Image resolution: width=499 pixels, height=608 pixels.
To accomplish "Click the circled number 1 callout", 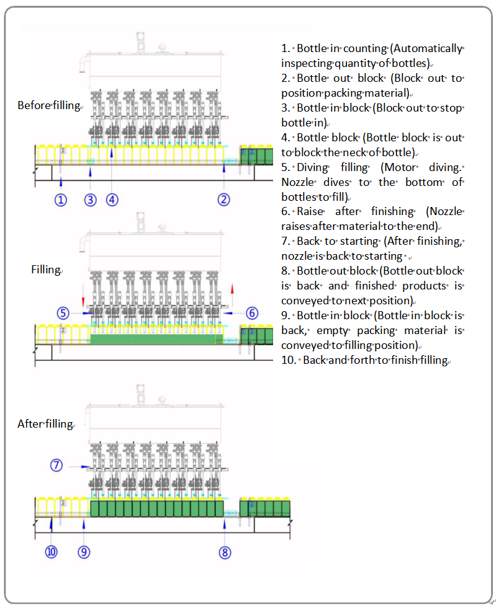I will point(60,200).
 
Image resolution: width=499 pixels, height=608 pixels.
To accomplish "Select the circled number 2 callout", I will point(223,200).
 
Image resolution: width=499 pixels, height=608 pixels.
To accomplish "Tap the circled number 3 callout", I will point(91,200).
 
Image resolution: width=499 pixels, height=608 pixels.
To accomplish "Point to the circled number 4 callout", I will point(112,200).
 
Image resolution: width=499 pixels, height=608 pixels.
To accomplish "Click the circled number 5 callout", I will point(63,313).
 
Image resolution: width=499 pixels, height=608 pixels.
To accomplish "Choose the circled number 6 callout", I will point(251,313).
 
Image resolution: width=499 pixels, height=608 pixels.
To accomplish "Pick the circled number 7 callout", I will point(57,465).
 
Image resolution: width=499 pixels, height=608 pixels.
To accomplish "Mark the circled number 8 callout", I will point(225,551).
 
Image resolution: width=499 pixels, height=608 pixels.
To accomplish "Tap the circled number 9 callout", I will point(84,551).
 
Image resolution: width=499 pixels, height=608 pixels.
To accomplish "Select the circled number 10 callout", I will point(51,551).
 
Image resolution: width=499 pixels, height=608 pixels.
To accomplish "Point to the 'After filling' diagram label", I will point(45,424).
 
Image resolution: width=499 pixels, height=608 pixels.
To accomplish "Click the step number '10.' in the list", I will point(289,360).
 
